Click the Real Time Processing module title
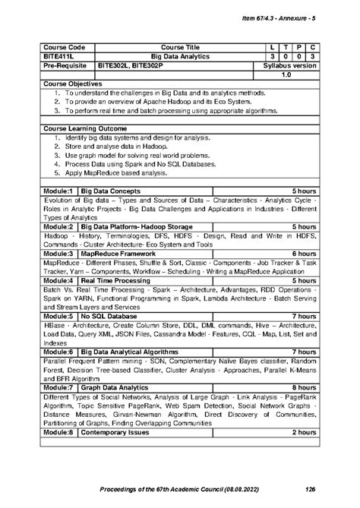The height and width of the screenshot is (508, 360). pos(116,280)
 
